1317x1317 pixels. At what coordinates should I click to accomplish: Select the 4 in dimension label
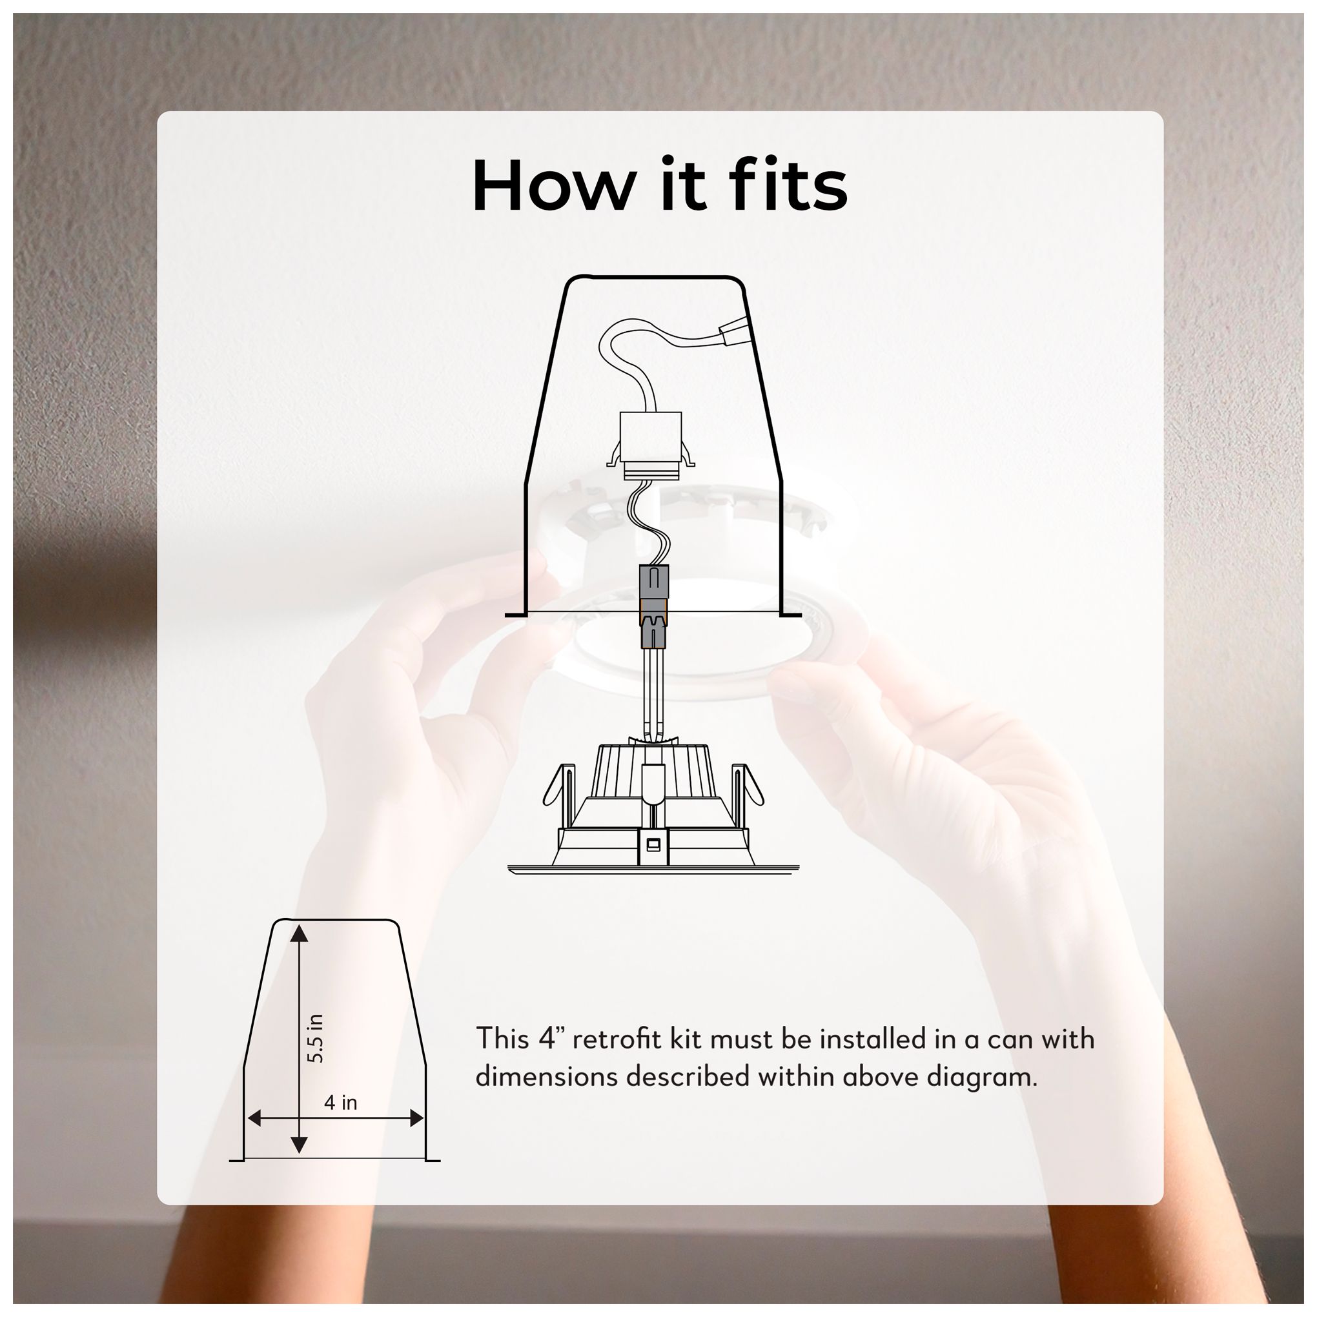(x=340, y=1121)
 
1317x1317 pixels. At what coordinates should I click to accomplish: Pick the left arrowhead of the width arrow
(x=255, y=1138)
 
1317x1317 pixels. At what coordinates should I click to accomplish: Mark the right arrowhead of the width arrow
(x=415, y=1138)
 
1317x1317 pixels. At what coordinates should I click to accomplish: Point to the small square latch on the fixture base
(x=652, y=845)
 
